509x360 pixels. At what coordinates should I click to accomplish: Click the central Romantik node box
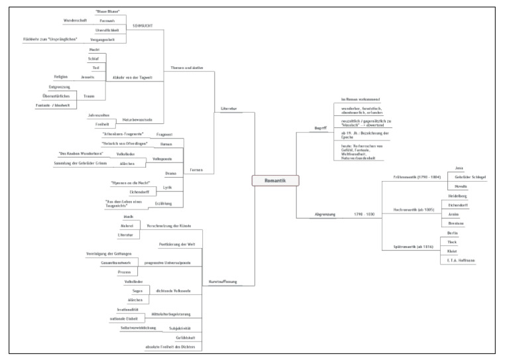point(276,180)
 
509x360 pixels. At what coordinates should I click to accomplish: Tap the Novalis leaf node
point(461,187)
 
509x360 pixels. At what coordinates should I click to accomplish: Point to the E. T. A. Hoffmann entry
point(461,261)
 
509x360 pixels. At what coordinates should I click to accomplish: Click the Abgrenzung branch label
point(325,214)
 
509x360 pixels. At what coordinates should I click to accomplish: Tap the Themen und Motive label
point(186,68)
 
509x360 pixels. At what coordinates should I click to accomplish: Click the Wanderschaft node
point(76,21)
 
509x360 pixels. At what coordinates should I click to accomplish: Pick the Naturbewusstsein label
point(137,120)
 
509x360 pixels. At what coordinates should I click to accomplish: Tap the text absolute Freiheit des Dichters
point(170,346)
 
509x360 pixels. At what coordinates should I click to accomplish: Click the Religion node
point(61,77)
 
